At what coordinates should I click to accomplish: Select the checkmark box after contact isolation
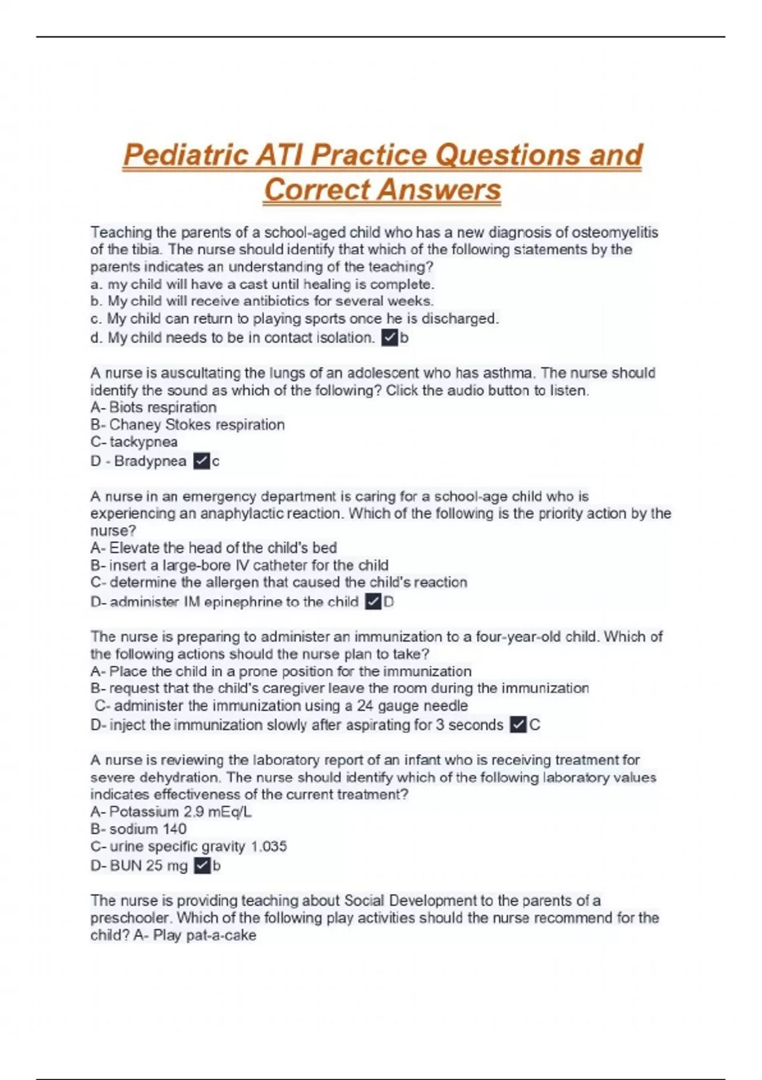point(389,338)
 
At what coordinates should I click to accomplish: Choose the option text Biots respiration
point(163,407)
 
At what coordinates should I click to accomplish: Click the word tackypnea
point(144,442)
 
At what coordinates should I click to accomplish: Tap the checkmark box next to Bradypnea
point(201,461)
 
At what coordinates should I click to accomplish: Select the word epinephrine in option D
point(243,602)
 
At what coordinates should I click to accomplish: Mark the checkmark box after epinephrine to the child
point(373,602)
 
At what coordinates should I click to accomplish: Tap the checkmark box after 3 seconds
point(518,725)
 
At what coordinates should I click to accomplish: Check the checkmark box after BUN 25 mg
point(202,865)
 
